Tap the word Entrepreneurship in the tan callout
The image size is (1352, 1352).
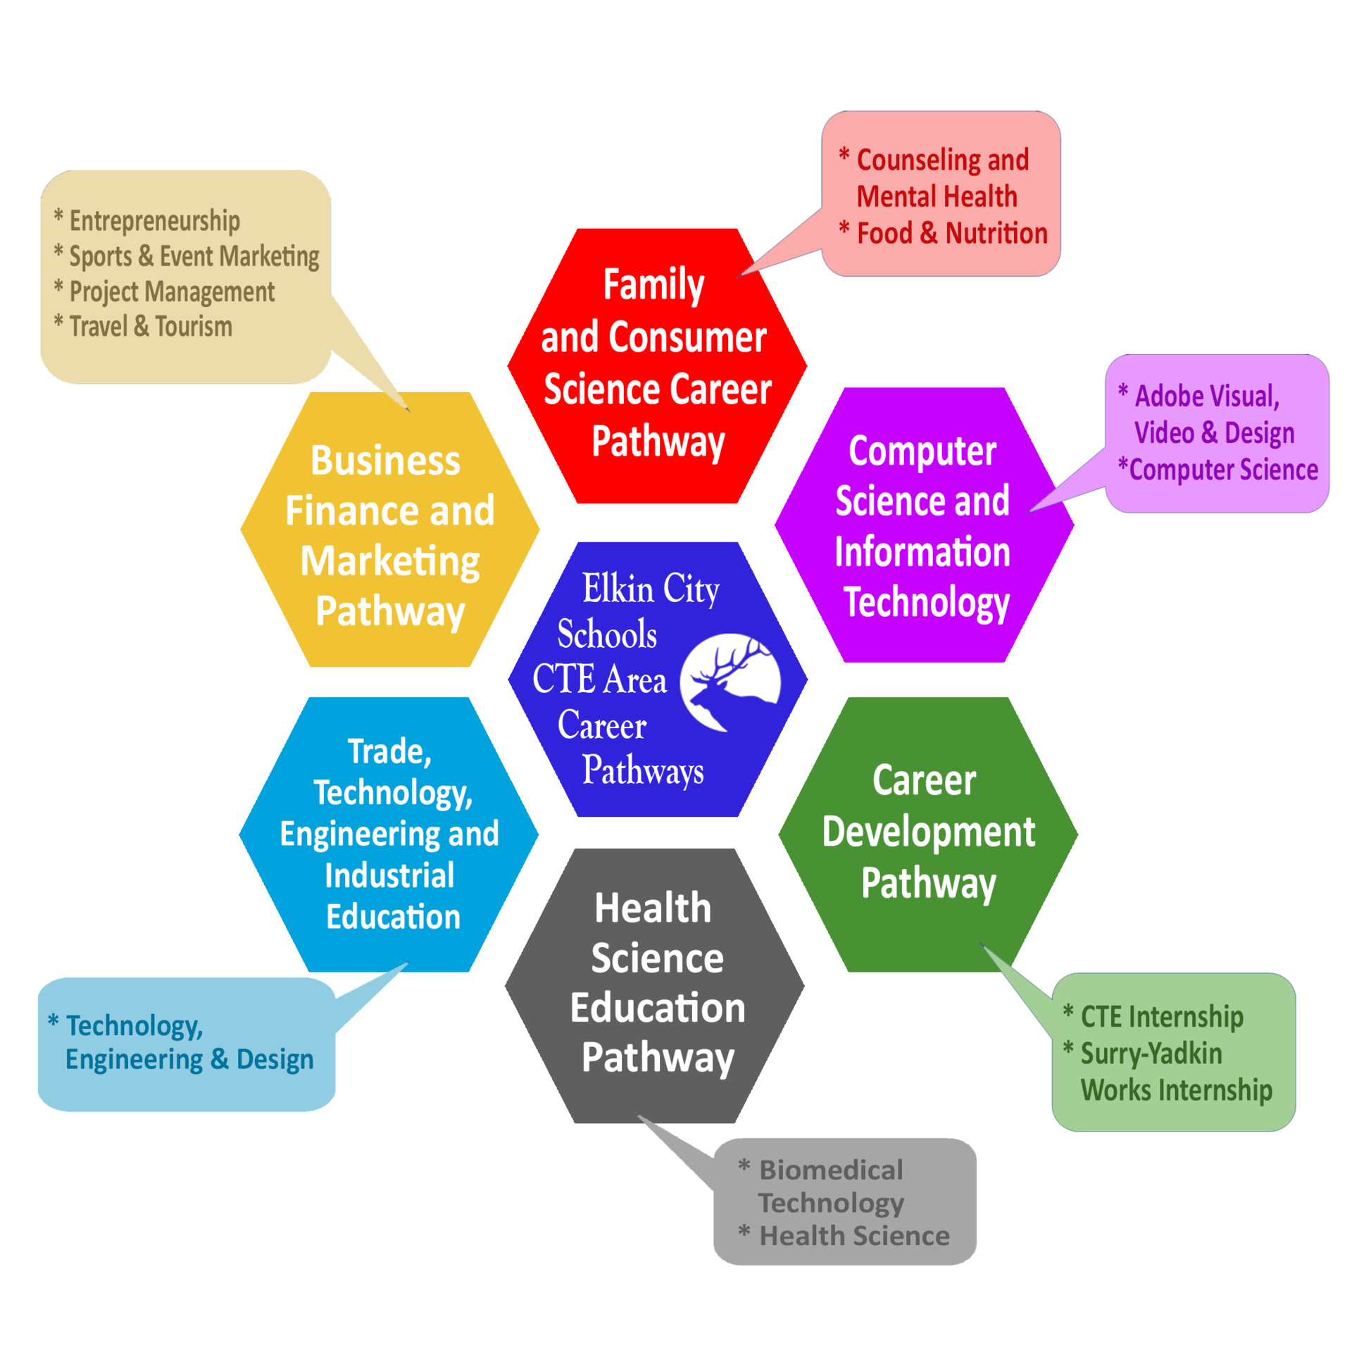point(154,220)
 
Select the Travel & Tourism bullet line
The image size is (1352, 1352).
point(150,326)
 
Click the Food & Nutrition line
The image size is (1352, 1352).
point(951,233)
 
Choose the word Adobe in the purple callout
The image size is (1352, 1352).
point(1164,396)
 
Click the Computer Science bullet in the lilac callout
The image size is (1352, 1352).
point(1222,470)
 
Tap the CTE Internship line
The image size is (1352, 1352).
point(1161,1017)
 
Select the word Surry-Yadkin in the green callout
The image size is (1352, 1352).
point(1151,1053)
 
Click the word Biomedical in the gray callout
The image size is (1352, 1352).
point(830,1170)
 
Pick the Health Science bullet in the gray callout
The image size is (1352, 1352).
point(853,1236)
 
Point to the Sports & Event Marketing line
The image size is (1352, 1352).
point(194,256)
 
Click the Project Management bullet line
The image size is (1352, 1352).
point(171,292)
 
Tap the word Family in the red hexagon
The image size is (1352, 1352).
point(653,285)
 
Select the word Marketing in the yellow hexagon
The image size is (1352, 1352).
point(390,561)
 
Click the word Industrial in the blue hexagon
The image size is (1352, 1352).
point(389,875)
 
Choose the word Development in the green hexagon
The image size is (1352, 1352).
point(928,832)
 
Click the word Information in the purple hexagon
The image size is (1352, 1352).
point(922,551)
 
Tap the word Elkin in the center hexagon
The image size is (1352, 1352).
point(618,588)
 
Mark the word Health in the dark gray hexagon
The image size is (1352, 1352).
point(653,908)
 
